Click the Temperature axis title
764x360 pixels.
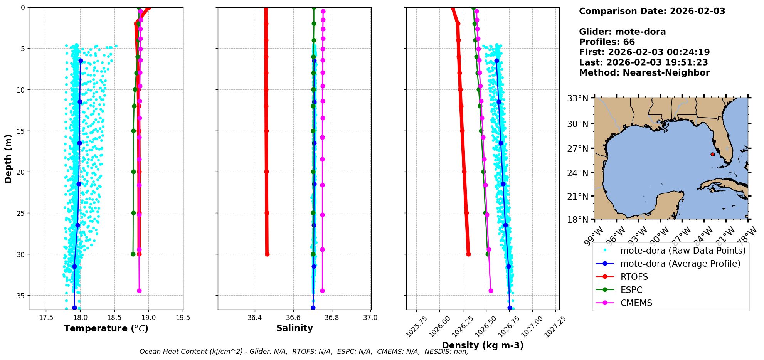(x=106, y=328)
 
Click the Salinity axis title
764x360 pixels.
(x=294, y=328)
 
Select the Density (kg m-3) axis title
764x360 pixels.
(x=483, y=345)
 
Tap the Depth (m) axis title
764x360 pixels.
(x=8, y=159)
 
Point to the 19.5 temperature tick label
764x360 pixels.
(x=183, y=318)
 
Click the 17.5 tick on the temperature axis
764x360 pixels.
(x=46, y=318)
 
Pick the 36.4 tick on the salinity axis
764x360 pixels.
(x=254, y=318)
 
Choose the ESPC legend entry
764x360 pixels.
(x=631, y=290)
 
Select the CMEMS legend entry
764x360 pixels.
(x=636, y=303)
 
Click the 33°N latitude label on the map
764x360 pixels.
(x=577, y=98)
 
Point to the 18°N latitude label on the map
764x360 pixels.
(x=577, y=220)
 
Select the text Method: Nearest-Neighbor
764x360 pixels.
(x=644, y=73)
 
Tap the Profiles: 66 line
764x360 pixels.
(x=607, y=42)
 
